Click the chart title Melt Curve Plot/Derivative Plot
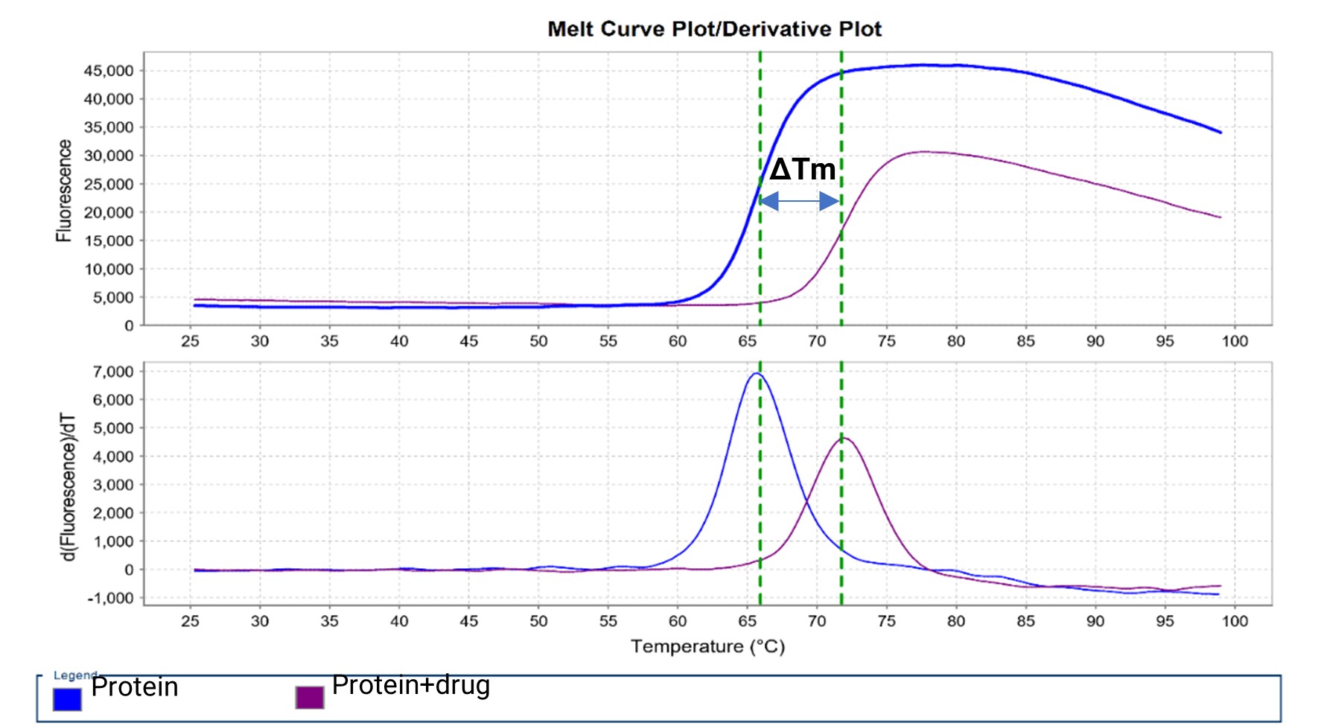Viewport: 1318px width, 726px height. click(714, 29)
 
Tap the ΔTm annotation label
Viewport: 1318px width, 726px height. click(802, 170)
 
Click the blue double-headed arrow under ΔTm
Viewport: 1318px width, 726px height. click(800, 201)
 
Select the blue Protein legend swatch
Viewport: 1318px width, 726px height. click(67, 699)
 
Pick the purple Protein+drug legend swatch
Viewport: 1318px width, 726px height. click(310, 698)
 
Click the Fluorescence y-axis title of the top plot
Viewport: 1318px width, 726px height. click(65, 191)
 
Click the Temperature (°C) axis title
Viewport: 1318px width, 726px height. click(707, 646)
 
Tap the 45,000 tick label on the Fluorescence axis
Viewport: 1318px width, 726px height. click(109, 71)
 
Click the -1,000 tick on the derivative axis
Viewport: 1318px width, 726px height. click(111, 598)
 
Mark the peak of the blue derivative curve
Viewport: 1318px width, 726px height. click(757, 374)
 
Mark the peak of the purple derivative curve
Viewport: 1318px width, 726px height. click(844, 439)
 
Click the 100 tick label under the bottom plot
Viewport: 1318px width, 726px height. click(1234, 621)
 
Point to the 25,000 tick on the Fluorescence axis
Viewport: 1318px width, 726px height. click(109, 184)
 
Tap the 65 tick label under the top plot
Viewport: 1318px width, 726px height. click(747, 341)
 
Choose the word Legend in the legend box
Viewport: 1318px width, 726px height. click(74, 675)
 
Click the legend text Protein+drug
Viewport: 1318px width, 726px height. click(410, 685)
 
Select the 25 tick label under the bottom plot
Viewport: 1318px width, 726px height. click(190, 621)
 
